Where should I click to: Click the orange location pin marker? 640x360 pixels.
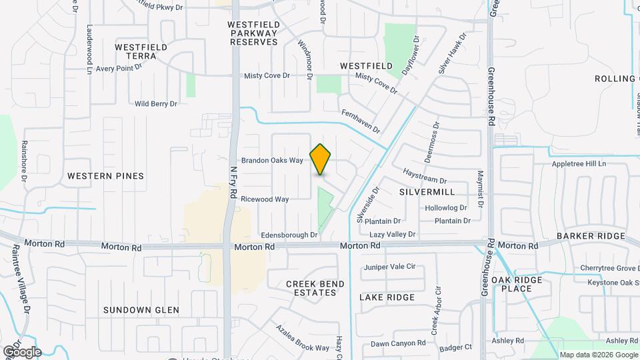coord(321,159)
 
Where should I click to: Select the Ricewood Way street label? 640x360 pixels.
coord(265,199)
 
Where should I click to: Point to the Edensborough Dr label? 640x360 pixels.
coord(289,235)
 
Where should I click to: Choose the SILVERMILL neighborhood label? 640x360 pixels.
coord(427,191)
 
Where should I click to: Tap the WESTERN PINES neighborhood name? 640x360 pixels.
coord(105,176)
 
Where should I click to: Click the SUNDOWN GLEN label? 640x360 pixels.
coord(141,310)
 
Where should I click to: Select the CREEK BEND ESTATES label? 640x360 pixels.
coord(315,288)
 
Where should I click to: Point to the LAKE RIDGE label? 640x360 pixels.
coord(387,297)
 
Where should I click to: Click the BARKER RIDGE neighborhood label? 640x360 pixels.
coord(591,236)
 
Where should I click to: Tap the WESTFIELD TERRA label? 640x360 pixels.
coord(135,52)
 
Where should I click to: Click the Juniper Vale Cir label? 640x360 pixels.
coord(389,267)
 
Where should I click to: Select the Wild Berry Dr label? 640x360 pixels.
coord(156,104)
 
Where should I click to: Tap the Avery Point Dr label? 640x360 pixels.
coord(119,68)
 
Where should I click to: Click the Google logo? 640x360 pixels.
coord(22,351)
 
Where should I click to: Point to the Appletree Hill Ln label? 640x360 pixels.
coord(578,164)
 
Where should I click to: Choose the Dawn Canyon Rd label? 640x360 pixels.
coord(398,343)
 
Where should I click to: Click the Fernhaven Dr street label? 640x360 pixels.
coord(361,121)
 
